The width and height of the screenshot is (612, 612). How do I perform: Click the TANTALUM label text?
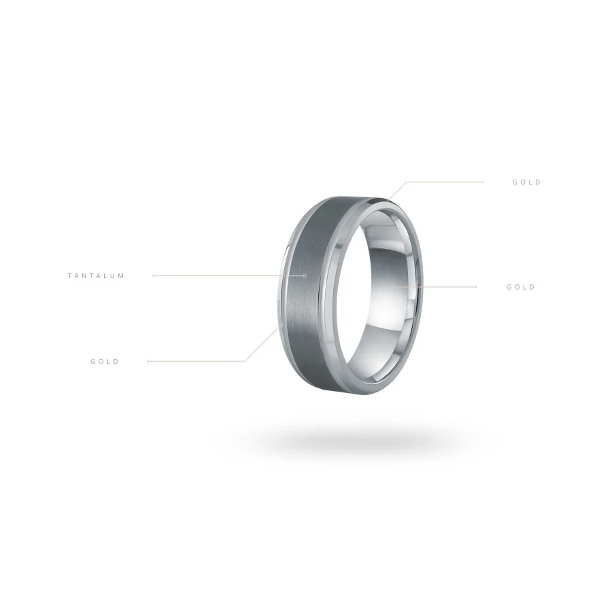96,276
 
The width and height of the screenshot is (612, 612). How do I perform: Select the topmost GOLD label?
526,182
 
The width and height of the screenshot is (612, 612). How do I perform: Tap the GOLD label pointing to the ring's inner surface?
521,287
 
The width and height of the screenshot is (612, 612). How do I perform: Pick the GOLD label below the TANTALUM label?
105,362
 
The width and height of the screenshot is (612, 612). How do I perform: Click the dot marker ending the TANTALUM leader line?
305,275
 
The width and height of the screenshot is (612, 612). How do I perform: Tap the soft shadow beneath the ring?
355,441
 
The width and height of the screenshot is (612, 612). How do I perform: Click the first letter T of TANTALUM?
70,276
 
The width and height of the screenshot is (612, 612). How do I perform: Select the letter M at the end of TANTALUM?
121,276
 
